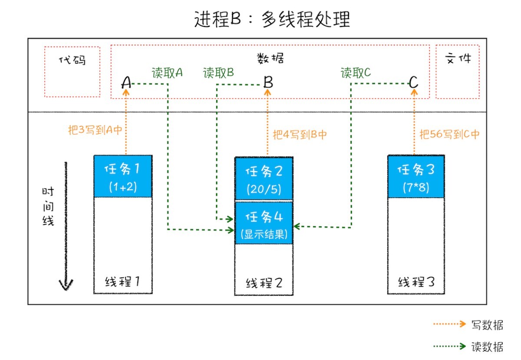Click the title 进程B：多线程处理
click(272, 20)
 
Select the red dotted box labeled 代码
click(72, 72)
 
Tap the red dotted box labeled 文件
click(458, 72)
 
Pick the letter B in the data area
click(268, 82)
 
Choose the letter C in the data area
click(413, 82)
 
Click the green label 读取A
click(167, 73)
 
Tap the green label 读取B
click(218, 73)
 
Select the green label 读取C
click(356, 73)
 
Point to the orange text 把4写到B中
click(300, 135)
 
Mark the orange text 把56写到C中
click(449, 135)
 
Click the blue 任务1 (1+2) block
click(123, 176)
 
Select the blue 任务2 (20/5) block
click(264, 178)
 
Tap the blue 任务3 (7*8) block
click(415, 176)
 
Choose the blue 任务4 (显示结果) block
click(264, 223)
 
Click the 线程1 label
click(123, 281)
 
